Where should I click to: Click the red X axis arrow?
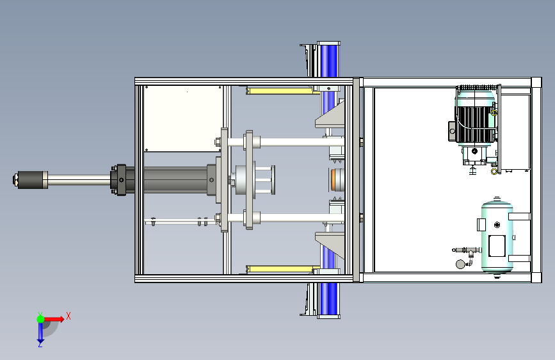click(54, 319)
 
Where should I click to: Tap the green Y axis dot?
click(41, 319)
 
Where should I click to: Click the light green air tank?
click(497, 237)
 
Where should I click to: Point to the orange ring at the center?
click(334, 179)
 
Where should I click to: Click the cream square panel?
click(183, 119)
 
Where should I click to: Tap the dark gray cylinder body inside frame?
click(175, 180)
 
